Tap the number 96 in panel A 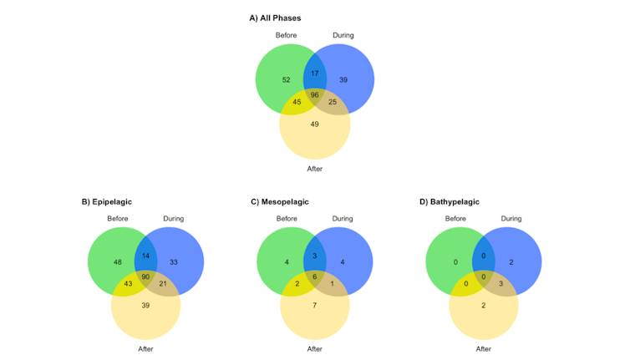pos(315,95)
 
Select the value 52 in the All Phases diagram pos(286,79)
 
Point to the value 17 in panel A pos(314,74)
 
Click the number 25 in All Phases pos(333,101)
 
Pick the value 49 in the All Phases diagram pos(314,124)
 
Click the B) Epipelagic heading pos(107,201)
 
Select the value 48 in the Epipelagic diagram pos(118,262)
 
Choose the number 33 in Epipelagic pos(174,262)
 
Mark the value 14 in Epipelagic pos(146,256)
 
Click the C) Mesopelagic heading pos(278,201)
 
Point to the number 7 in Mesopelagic pos(314,307)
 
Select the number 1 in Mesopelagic pos(332,284)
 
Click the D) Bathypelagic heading pos(449,201)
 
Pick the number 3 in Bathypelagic pos(500,284)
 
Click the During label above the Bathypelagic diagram pos(511,219)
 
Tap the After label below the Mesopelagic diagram pos(314,348)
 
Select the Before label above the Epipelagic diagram pos(118,219)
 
